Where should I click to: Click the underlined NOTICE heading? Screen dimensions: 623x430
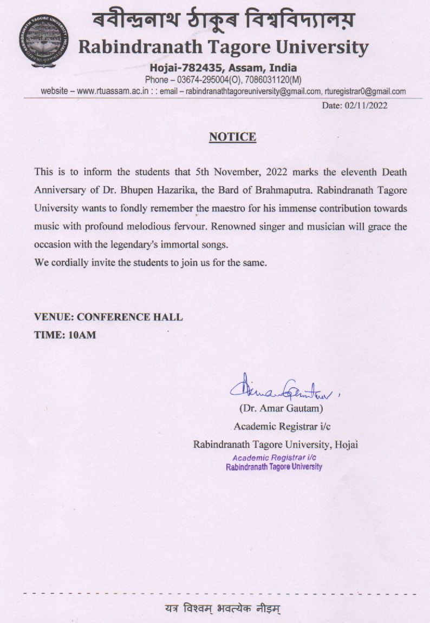(x=232, y=137)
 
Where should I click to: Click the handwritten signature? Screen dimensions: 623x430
(x=277, y=387)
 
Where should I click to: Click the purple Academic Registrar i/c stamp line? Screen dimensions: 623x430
(x=274, y=458)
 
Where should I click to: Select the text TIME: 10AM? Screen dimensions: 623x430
(x=65, y=335)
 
